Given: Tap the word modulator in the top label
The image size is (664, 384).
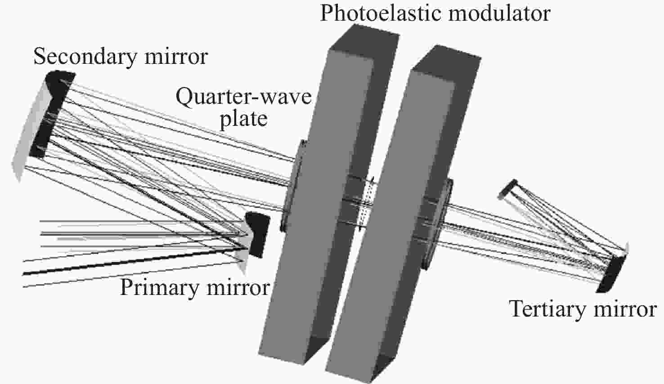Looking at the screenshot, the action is (x=499, y=13).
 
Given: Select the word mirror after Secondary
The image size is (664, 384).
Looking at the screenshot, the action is (x=176, y=57).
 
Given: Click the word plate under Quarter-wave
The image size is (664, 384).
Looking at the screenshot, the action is (x=244, y=119).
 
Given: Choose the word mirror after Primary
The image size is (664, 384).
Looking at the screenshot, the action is (x=238, y=287).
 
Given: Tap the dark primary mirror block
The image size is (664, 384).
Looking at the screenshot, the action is (x=257, y=234).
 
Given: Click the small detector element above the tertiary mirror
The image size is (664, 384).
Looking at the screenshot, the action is (x=507, y=188).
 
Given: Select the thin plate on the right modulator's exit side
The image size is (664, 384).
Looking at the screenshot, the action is (x=439, y=224).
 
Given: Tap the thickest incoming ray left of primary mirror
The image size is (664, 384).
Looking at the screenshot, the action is (x=134, y=261).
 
